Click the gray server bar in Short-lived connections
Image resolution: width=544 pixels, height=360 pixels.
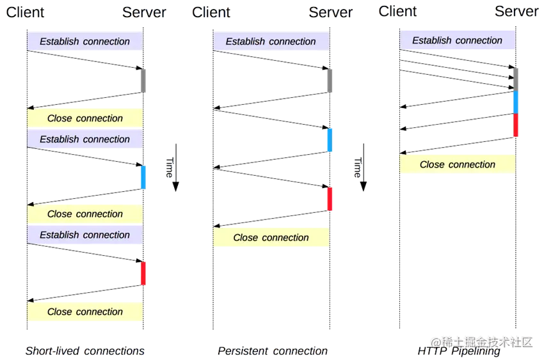(143, 81)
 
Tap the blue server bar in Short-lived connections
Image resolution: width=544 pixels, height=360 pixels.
(143, 177)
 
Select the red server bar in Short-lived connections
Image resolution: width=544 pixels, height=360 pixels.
(143, 274)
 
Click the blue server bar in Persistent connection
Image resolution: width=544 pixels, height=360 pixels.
(330, 140)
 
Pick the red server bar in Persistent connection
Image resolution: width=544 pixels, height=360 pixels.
(330, 199)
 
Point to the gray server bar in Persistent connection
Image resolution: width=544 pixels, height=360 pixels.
(330, 81)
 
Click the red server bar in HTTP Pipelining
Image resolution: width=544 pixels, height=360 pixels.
(516, 125)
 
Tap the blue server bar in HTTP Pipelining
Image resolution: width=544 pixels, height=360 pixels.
(516, 102)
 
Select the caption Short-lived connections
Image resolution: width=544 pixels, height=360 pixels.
(85, 351)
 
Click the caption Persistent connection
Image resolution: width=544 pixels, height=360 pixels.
(273, 351)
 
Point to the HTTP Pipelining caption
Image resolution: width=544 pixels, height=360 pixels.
(459, 351)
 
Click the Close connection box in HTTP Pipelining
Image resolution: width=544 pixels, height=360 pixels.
(457, 164)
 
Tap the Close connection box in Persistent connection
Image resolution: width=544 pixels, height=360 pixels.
(271, 237)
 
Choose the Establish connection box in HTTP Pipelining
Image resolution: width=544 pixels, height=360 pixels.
(457, 40)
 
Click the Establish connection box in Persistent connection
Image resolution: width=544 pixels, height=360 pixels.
(271, 41)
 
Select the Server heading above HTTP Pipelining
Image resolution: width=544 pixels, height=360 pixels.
(516, 12)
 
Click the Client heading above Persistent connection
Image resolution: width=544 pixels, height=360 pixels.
(211, 13)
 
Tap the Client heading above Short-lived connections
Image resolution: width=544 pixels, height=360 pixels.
(25, 13)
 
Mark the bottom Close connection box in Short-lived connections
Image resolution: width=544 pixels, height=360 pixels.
(85, 311)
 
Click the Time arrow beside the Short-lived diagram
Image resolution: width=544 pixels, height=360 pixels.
(176, 168)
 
